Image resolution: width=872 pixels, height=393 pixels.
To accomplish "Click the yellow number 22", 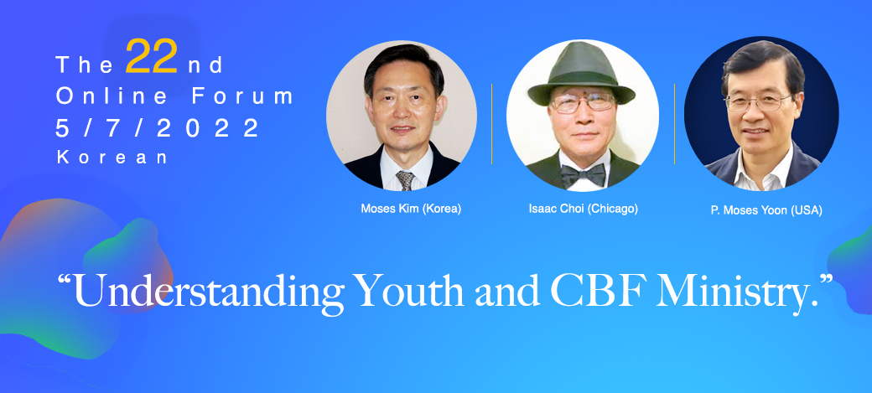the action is coord(151,57).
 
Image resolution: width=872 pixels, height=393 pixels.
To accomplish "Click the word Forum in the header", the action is coord(242,96).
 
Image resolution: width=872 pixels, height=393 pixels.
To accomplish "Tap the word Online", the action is coord(112,96).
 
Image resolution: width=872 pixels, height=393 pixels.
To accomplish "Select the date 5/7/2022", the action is coord(158,128).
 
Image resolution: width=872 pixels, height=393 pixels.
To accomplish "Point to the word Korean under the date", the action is coord(112,158).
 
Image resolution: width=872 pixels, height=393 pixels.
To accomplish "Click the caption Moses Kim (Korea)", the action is coord(411,209).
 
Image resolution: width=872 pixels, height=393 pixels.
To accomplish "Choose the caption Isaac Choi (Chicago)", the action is coord(584,209).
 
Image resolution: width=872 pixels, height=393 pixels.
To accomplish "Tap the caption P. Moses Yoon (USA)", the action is coord(766,210).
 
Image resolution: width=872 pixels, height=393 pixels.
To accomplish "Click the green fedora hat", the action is coord(581,73).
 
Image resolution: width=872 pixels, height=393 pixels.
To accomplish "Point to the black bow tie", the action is coord(583,174).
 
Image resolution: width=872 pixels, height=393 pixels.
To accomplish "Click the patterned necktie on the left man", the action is coord(405,180).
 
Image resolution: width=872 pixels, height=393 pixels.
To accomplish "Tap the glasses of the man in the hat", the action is coord(582,103).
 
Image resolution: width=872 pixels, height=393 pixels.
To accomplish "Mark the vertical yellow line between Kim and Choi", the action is coord(491,124).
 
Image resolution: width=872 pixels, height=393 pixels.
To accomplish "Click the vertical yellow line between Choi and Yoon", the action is coord(675,124).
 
